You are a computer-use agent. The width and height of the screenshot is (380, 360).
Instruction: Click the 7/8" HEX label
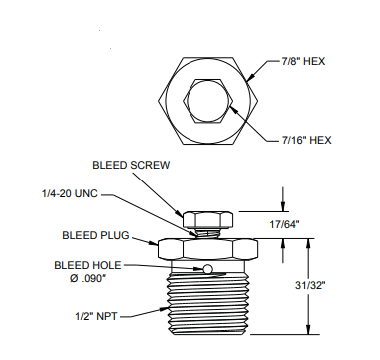click(303, 61)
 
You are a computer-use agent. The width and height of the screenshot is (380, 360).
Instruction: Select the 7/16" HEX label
click(307, 140)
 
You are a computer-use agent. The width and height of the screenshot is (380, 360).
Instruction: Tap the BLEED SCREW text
click(131, 165)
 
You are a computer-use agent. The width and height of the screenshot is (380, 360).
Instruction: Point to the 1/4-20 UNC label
click(70, 193)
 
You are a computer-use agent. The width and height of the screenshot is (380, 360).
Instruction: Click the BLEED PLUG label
click(96, 235)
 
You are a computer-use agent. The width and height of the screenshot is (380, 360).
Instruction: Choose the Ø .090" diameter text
click(88, 278)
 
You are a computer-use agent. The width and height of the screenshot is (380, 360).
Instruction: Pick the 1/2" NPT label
click(96, 316)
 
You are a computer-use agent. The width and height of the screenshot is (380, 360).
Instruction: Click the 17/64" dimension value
click(284, 225)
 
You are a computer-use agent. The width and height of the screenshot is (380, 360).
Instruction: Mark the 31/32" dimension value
click(310, 285)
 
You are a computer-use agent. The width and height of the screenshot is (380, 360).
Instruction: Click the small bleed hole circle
click(208, 269)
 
